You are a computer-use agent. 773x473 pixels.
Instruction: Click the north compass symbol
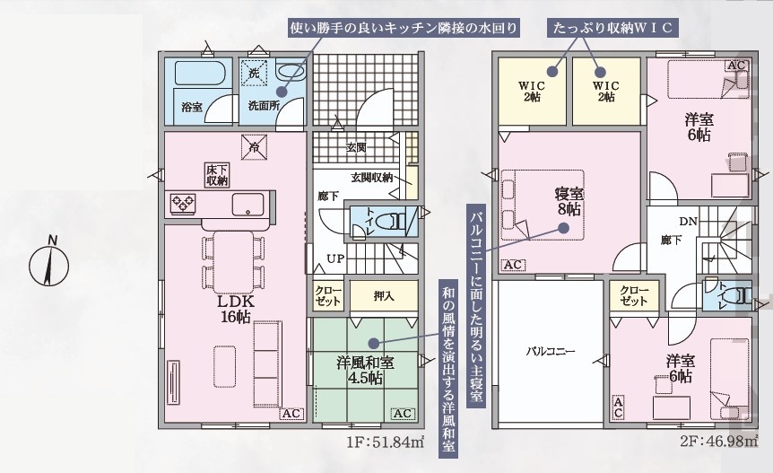click(x=48, y=265)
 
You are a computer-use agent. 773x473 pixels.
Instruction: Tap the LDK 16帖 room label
click(x=236, y=309)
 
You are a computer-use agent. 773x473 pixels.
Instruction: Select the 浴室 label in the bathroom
click(x=192, y=106)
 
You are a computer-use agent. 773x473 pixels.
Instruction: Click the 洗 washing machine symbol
click(x=254, y=73)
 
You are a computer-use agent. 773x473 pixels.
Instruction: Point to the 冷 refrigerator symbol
click(x=255, y=147)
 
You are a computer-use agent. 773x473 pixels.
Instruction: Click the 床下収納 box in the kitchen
click(x=217, y=175)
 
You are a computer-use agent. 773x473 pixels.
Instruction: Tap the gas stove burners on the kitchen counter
click(x=183, y=203)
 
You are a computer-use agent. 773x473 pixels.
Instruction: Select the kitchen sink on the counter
click(x=248, y=204)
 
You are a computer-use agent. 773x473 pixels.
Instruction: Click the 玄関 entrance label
click(x=355, y=147)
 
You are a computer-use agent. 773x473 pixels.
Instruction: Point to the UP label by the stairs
click(x=335, y=258)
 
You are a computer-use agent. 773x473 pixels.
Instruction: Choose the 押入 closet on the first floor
click(x=384, y=295)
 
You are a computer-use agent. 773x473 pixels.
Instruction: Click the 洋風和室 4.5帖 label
click(x=365, y=371)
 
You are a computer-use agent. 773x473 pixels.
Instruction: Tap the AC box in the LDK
click(x=291, y=414)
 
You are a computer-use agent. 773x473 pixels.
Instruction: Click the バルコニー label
click(x=550, y=352)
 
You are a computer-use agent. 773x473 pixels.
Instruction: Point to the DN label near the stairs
click(x=688, y=222)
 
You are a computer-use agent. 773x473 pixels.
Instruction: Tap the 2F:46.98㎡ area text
click(x=719, y=441)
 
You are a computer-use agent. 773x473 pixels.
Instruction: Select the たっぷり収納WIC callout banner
click(x=612, y=28)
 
